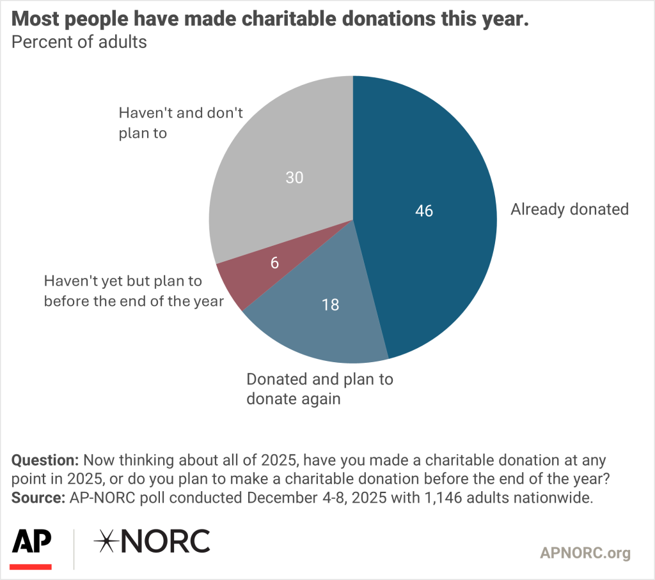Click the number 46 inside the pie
click(x=424, y=211)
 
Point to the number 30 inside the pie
click(x=294, y=178)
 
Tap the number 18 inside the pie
click(x=330, y=305)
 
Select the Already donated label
click(x=569, y=209)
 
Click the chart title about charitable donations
click(x=271, y=19)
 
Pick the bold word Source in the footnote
click(x=36, y=499)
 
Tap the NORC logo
click(x=152, y=542)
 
